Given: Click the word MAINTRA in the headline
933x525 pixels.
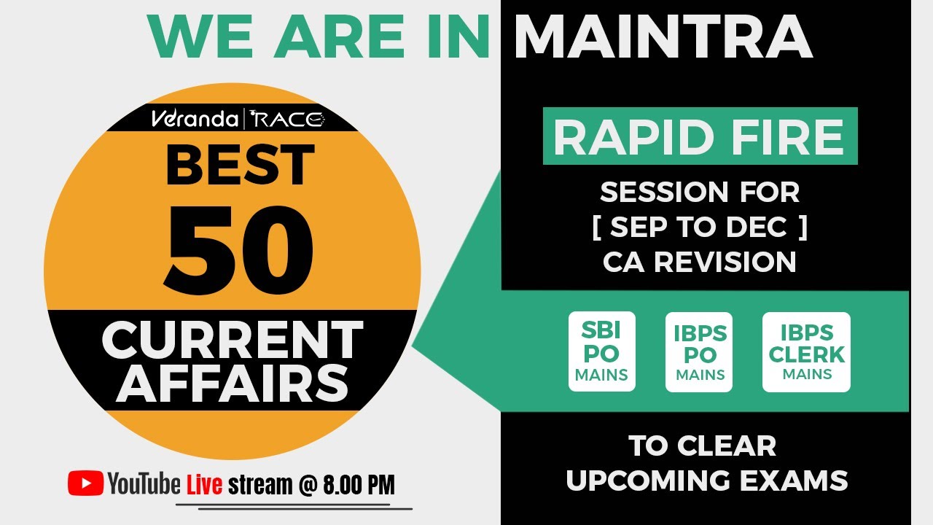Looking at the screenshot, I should [663, 38].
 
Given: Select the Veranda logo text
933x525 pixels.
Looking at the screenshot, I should [194, 119].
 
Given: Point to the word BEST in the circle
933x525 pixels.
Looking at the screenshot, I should [240, 165].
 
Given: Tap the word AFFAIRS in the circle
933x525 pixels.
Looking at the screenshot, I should [233, 382].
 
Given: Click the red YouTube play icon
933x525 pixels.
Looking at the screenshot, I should [85, 483].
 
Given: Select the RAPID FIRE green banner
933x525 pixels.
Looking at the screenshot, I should [699, 136].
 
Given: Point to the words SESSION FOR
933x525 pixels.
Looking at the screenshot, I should [699, 192].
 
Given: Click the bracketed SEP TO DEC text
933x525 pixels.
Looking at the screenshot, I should [699, 227].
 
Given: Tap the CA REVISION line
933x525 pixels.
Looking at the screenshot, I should [699, 262].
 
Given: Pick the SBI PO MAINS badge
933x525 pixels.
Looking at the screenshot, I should [601, 351].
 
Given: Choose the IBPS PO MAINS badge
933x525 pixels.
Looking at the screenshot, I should [699, 352].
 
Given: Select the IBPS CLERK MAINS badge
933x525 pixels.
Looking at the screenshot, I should [806, 352].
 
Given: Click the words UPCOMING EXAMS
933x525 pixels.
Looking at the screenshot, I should [706, 481].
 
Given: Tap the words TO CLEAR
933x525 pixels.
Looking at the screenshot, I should [702, 446].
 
